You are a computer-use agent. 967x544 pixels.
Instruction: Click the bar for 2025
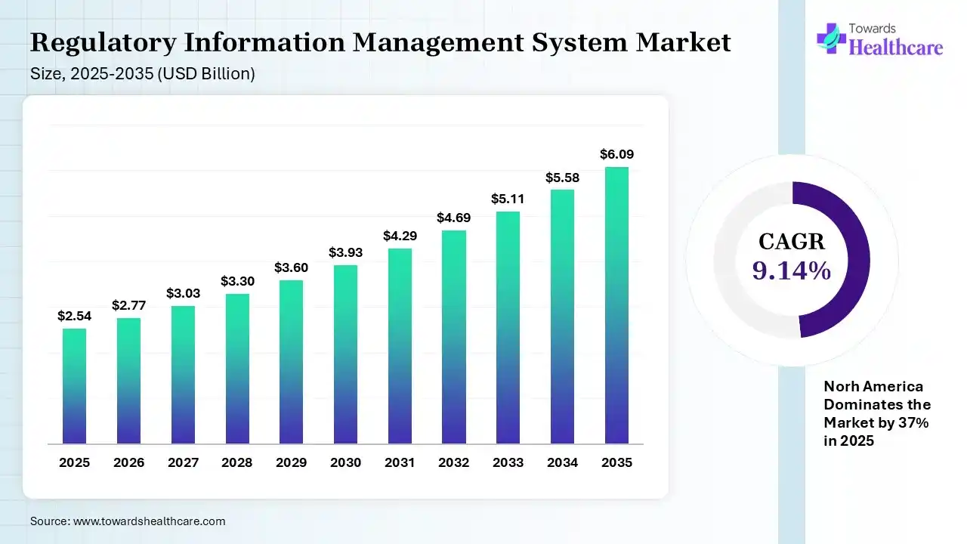tap(74, 386)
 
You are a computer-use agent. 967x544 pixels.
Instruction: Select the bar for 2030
tap(345, 354)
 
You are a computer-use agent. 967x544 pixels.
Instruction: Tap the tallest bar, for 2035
tap(616, 305)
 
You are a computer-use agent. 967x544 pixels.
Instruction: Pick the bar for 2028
tap(237, 369)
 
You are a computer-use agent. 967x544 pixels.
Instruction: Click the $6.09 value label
tap(616, 154)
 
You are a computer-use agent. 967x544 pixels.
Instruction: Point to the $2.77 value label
tap(128, 305)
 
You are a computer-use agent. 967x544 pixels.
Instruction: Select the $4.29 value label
tap(400, 236)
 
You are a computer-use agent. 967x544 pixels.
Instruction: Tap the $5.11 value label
tap(508, 199)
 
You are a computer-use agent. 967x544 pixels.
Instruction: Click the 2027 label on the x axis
tap(183, 462)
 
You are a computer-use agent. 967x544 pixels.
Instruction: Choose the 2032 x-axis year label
tap(454, 462)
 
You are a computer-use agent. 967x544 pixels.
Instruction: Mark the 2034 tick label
tap(562, 462)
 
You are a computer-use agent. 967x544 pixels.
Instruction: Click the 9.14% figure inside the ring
tap(792, 270)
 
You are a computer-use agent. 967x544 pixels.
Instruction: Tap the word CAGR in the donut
tap(792, 242)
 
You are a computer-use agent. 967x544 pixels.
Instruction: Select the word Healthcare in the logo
tap(896, 48)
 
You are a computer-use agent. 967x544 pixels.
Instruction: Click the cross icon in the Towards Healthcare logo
tap(831, 38)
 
